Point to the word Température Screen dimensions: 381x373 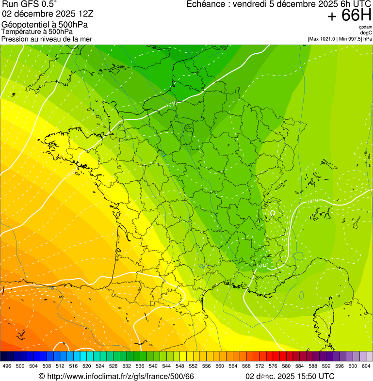(x=22, y=32)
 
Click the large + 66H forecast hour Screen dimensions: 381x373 (x=349, y=16)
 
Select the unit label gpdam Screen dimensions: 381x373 (x=365, y=28)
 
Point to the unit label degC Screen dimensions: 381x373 (x=366, y=33)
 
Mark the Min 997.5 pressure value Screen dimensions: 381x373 (x=350, y=39)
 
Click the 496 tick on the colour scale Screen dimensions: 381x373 (x=7, y=366)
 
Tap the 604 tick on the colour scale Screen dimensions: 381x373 (x=366, y=366)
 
